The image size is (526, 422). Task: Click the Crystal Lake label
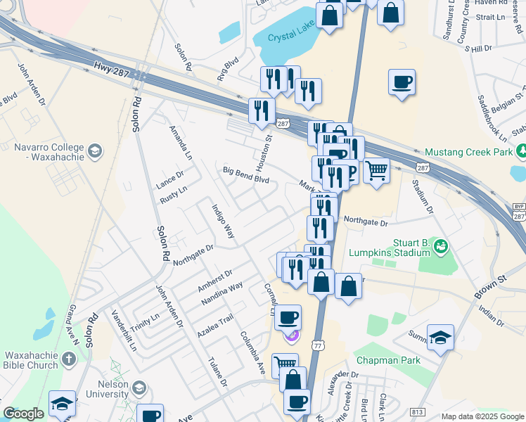pos(290,39)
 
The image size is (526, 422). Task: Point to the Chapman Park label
pos(388,360)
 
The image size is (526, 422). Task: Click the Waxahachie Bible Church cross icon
pos(68,359)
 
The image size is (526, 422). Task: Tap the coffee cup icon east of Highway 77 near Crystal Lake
pos(402,82)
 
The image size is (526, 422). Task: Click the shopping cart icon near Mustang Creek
pos(376,170)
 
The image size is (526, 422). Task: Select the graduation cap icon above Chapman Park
pos(440,338)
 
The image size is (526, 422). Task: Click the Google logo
pos(23,414)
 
